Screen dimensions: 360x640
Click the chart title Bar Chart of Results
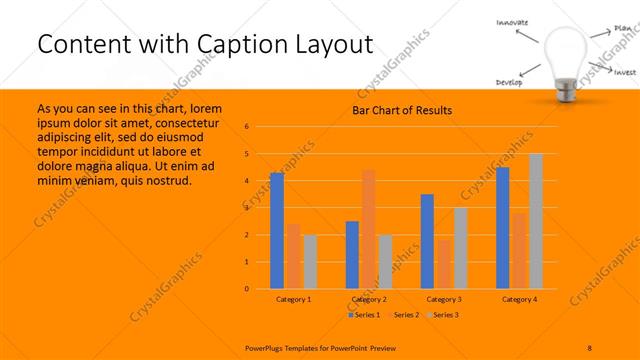[x=401, y=110]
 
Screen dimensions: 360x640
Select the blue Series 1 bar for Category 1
[x=277, y=231]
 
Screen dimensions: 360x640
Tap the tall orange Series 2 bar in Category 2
[x=369, y=229]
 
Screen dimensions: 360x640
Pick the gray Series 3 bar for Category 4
[x=535, y=221]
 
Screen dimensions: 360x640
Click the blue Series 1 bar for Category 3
[x=427, y=242]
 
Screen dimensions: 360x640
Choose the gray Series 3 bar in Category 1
[x=309, y=262]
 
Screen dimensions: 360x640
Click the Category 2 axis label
[x=369, y=299]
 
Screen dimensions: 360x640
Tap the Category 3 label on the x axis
[x=444, y=299]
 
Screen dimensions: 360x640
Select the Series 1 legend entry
[x=365, y=315]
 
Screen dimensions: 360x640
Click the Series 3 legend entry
[x=443, y=315]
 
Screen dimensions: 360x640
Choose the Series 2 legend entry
[x=404, y=315]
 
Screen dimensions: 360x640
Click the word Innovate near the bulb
[x=511, y=22]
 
